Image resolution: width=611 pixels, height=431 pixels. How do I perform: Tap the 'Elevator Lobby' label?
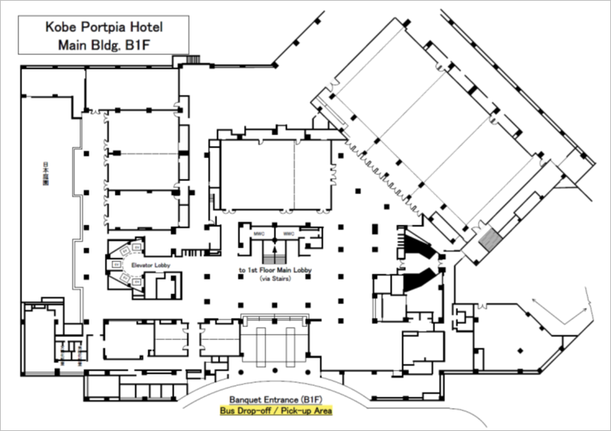[151, 265]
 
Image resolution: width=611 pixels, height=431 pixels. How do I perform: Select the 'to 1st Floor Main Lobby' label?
[273, 271]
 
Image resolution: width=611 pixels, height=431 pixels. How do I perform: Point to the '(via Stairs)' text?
[273, 281]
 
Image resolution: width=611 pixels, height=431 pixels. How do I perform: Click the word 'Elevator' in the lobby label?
[143, 265]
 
